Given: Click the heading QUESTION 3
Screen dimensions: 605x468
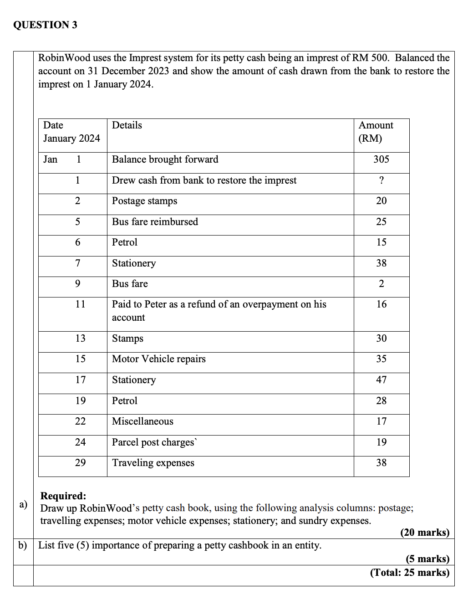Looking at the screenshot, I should point(45,25).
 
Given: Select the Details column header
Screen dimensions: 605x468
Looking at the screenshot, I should point(127,125).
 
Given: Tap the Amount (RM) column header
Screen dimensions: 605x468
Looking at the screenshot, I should point(376,132).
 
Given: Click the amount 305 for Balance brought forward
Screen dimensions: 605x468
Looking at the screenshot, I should point(381,159).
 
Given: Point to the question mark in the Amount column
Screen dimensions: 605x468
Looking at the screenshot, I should point(381,180).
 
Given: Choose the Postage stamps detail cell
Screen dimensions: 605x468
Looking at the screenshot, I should point(144,201).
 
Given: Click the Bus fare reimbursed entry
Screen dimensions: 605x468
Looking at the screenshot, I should point(155,222).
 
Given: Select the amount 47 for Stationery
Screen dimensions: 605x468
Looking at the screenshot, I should point(381,380).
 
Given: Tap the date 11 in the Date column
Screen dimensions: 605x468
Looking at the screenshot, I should point(80,304).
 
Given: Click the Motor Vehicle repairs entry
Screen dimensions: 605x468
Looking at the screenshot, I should point(158,359).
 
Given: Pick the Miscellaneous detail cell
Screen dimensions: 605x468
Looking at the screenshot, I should point(142,421).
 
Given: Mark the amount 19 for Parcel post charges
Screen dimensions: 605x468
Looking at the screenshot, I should point(381,442).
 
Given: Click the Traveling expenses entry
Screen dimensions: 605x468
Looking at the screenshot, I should point(153,463).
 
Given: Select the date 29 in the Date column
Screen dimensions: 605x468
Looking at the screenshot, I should point(80,463).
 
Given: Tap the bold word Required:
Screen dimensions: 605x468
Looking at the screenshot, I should point(63,496).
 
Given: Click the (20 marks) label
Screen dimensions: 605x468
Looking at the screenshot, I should point(424,532).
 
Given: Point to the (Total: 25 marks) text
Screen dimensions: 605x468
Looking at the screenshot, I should point(409,572).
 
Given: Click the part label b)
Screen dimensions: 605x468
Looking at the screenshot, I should point(23,545).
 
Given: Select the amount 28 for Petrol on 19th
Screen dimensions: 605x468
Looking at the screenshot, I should point(381,401).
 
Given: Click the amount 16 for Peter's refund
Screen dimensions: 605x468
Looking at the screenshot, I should point(381,304).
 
